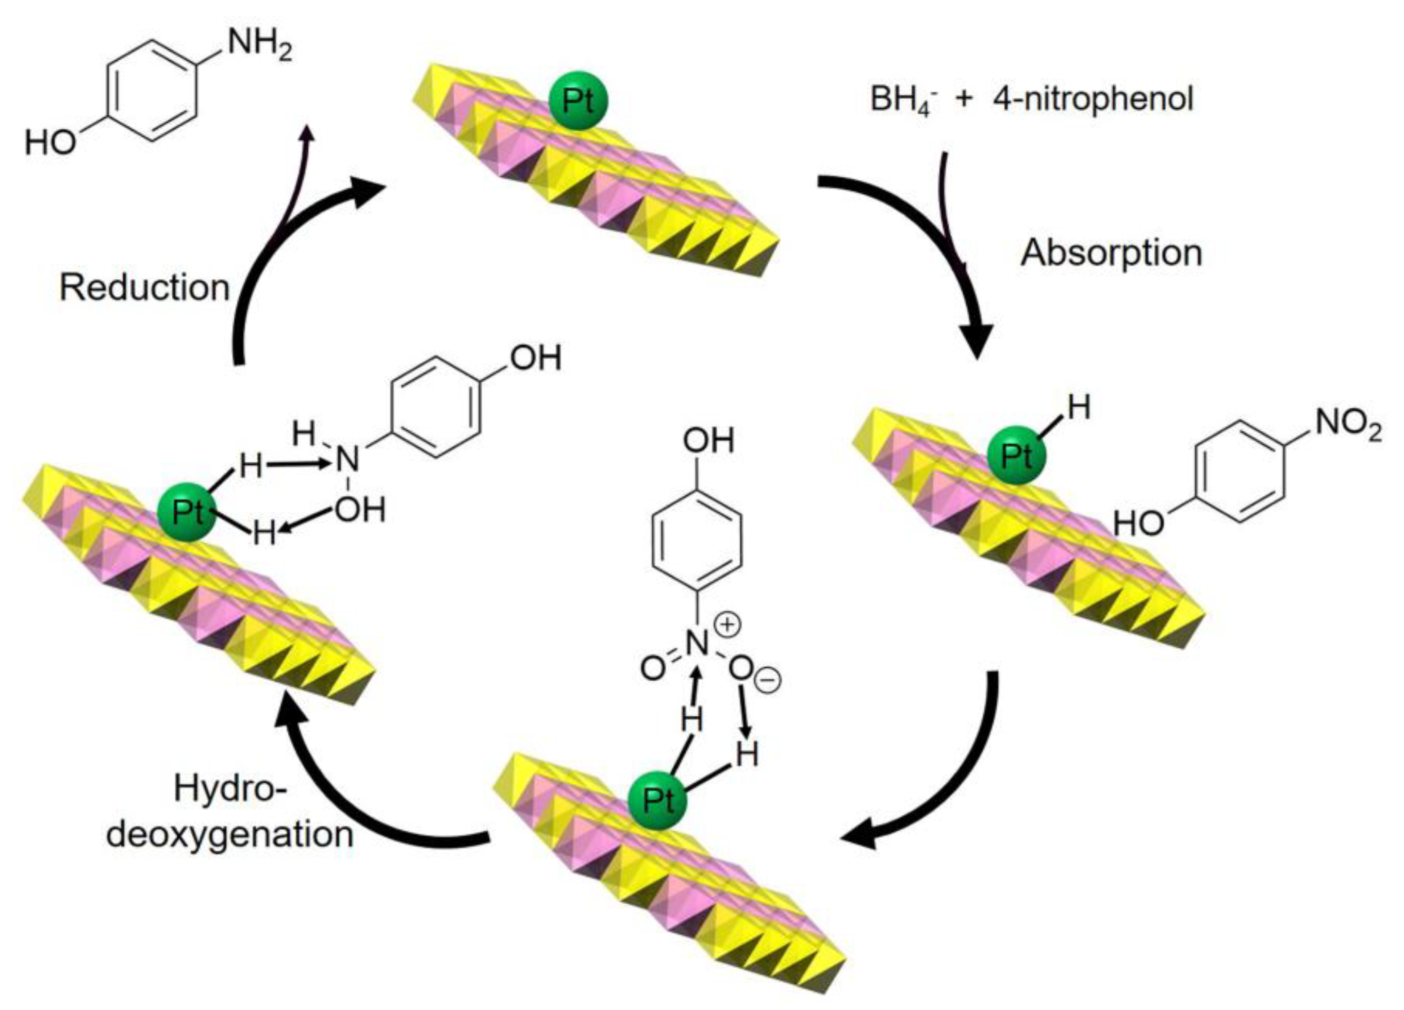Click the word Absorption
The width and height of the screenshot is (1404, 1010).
click(x=1111, y=254)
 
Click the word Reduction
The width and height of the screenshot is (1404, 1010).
click(x=144, y=289)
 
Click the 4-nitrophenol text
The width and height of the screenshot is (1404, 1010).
click(x=1093, y=99)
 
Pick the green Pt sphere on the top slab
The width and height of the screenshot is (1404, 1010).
click(x=578, y=102)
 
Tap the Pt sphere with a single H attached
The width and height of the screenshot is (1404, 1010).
click(x=1016, y=456)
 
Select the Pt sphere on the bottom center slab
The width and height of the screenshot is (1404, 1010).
click(x=657, y=801)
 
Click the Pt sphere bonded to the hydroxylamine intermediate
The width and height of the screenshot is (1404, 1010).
click(x=187, y=512)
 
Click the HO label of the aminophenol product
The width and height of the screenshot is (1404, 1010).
click(x=49, y=144)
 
